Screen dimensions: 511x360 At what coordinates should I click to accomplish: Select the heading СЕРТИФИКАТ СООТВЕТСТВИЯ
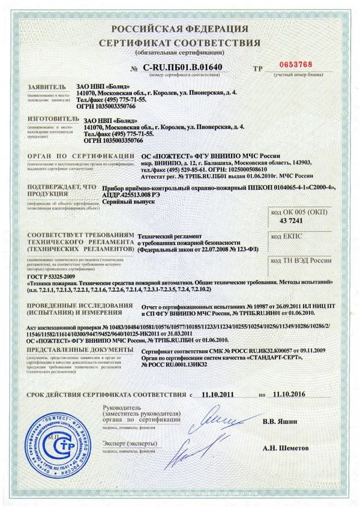pyautogui.click(x=179, y=43)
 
